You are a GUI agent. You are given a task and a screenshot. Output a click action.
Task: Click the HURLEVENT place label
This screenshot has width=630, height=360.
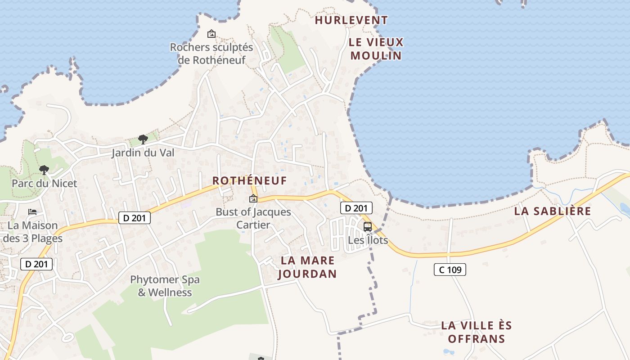(351, 20)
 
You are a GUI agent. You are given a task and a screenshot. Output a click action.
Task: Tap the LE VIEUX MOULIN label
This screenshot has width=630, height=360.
(376, 49)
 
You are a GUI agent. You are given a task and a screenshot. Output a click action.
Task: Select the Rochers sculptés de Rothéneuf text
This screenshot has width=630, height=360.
(211, 54)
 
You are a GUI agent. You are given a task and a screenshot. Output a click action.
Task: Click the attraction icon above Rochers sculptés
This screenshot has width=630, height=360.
(211, 34)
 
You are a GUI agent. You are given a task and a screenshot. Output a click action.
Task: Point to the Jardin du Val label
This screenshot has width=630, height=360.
(143, 153)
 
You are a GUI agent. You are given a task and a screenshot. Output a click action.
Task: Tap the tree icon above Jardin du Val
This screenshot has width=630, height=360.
(143, 139)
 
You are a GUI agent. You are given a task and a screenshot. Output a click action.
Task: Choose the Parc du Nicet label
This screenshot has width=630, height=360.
(44, 184)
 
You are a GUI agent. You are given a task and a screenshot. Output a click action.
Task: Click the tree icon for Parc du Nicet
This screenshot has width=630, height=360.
(44, 170)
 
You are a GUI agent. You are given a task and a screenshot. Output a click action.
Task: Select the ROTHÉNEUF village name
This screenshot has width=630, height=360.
(249, 181)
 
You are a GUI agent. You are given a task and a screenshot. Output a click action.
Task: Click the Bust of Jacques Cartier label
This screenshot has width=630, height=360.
(253, 218)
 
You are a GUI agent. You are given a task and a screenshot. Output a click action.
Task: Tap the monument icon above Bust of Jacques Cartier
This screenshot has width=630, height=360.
(253, 198)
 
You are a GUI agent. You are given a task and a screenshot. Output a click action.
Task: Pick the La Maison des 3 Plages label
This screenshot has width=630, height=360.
(33, 232)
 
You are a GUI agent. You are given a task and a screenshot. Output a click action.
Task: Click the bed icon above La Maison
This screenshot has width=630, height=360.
(32, 211)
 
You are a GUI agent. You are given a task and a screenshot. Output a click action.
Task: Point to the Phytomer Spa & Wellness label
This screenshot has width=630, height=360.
(165, 286)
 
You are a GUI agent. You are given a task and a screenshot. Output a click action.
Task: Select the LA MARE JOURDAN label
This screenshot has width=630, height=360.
(308, 267)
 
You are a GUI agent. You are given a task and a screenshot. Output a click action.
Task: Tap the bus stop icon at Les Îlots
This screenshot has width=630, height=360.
(368, 226)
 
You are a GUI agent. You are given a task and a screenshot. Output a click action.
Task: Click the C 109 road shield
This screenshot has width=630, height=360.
(450, 270)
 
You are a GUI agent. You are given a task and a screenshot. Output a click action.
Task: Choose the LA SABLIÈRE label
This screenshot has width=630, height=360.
(552, 211)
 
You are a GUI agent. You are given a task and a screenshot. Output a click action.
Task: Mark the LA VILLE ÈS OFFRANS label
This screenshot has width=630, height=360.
(477, 332)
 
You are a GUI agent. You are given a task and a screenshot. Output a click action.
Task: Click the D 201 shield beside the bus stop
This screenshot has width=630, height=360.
(356, 208)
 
